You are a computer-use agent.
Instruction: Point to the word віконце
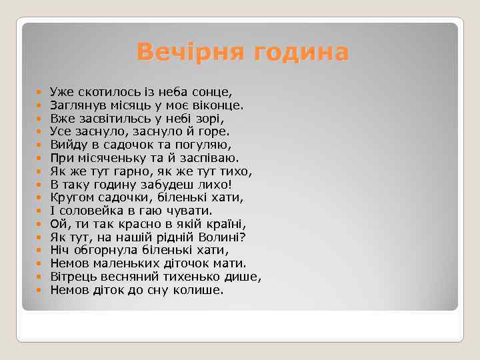pos(221,104)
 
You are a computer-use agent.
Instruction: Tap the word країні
pos(224,224)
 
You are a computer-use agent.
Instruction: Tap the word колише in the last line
pos(200,291)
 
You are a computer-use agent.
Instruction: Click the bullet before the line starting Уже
pos(39,91)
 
